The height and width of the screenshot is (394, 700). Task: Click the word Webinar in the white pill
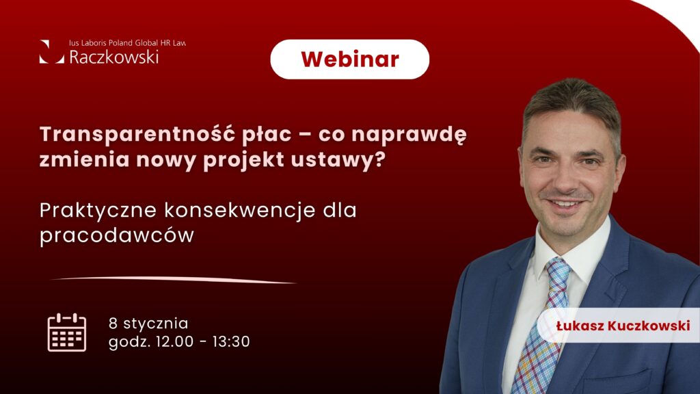point(350,60)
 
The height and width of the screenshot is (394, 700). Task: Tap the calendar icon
point(67,332)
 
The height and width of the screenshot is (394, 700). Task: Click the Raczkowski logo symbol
point(51,52)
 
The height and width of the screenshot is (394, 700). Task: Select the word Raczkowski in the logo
point(114,57)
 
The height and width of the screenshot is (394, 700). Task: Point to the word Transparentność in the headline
point(137,133)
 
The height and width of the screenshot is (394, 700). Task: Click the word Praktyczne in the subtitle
point(98,211)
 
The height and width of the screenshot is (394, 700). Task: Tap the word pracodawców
point(117,235)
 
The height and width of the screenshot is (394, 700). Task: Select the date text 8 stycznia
point(148,324)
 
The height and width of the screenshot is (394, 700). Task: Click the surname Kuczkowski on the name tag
point(649,326)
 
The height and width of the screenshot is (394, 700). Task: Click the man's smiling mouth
point(565,204)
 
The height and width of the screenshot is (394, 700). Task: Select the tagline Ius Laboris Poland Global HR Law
point(127,43)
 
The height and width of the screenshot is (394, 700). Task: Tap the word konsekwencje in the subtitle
point(240,211)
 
